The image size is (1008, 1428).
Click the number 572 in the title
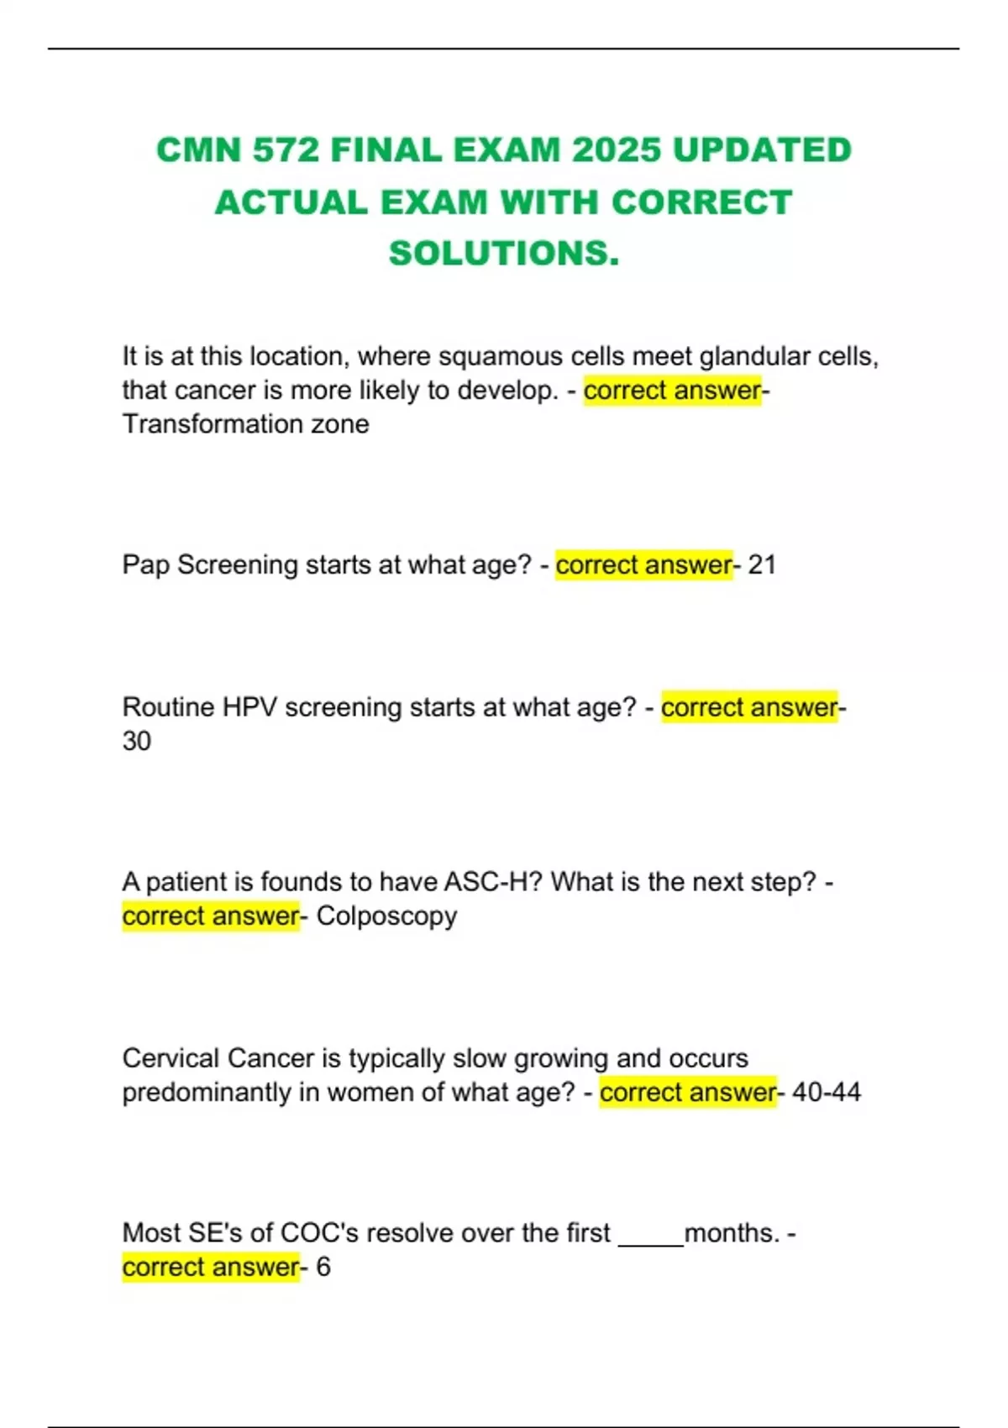pos(286,150)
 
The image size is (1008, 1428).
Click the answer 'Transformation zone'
pos(245,424)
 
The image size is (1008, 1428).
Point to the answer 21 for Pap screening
pos(761,564)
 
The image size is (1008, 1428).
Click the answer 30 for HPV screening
pos(137,741)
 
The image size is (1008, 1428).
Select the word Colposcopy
pos(386,916)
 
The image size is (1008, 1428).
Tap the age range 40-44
pos(827,1092)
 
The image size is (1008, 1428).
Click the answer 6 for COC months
pos(323,1267)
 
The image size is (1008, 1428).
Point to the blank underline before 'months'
pos(651,1235)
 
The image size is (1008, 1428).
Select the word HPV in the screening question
pos(249,707)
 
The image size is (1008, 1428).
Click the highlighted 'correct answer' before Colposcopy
pos(211,916)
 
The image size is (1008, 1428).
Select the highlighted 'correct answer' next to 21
pos(643,564)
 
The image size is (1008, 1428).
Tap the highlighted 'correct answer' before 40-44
pos(688,1092)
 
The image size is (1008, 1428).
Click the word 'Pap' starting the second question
pos(146,564)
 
